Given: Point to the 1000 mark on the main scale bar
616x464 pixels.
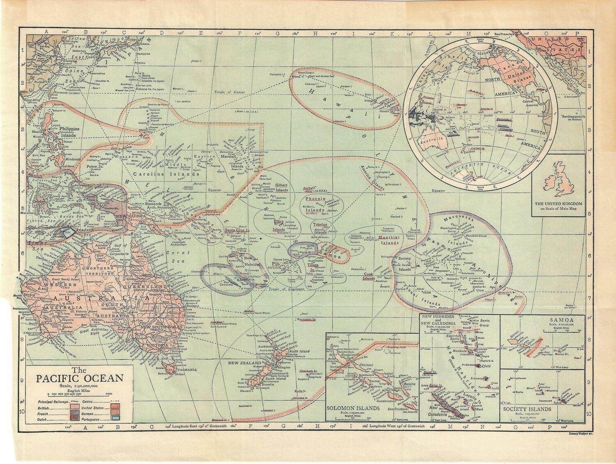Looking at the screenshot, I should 109,394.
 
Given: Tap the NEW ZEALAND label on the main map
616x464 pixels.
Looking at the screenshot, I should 245,364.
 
